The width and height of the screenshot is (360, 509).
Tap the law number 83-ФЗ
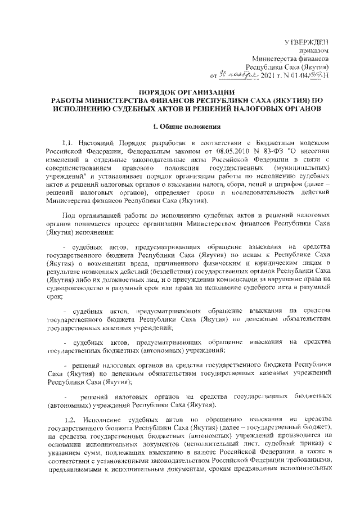click(274, 159)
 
